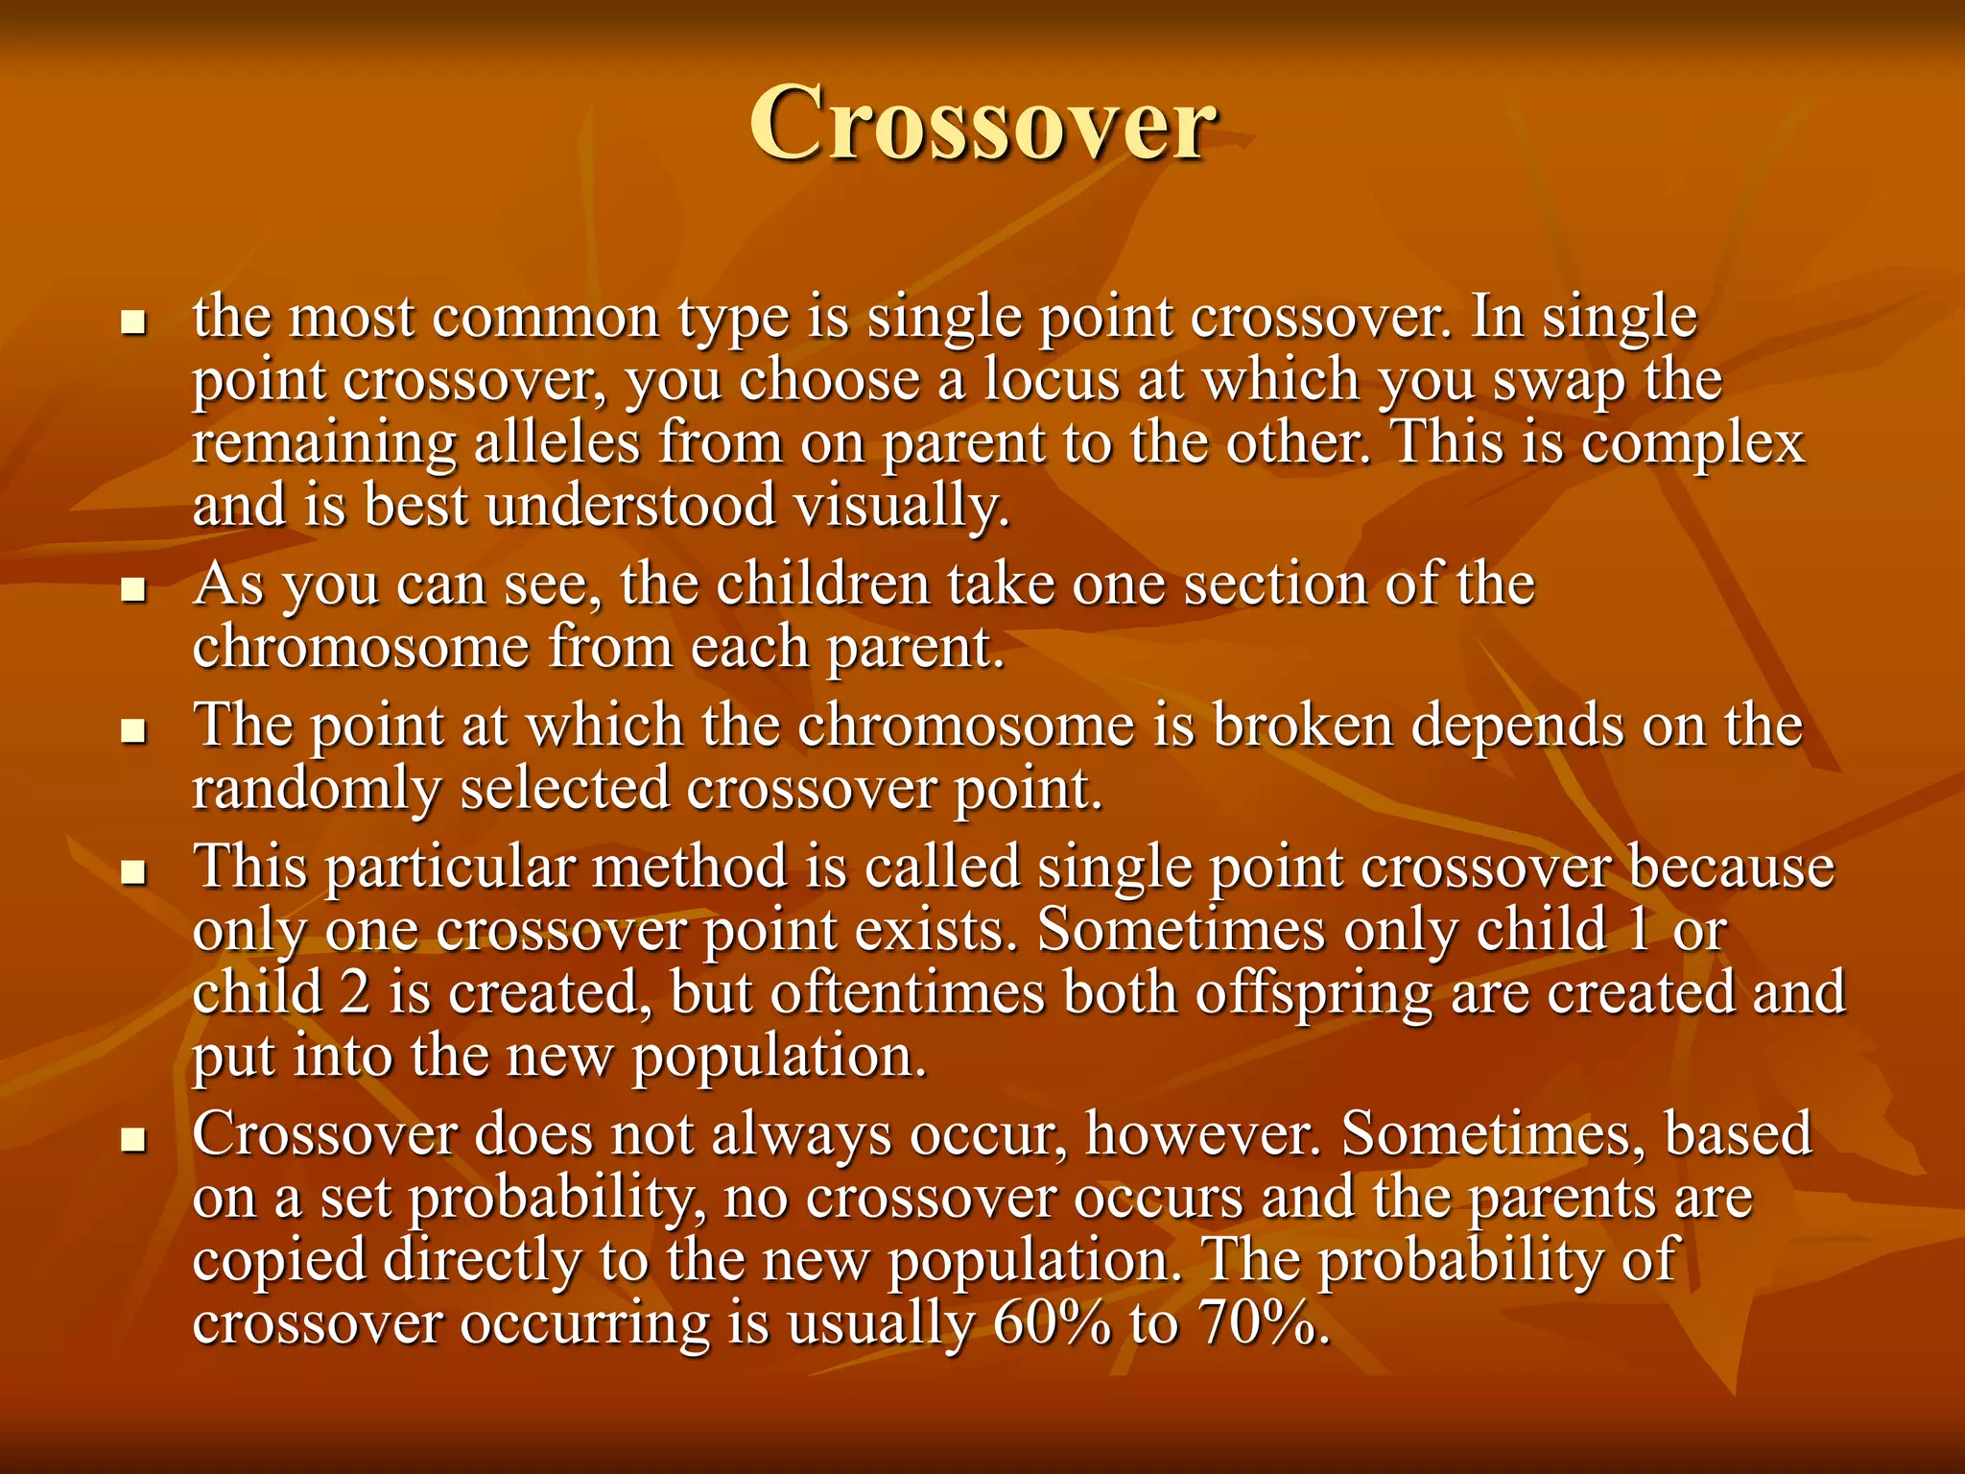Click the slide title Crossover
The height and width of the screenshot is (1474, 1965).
click(982, 123)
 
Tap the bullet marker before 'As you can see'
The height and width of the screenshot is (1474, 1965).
click(133, 588)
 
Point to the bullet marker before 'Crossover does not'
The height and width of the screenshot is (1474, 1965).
click(133, 1139)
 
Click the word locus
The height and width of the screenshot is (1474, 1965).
click(1051, 380)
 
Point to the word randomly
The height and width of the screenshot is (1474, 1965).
click(316, 791)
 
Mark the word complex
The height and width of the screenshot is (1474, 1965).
click(1693, 445)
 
